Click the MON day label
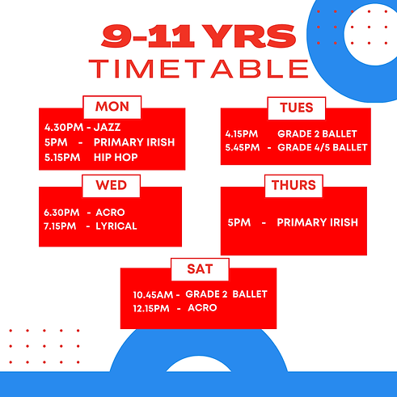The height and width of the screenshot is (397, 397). [112, 107]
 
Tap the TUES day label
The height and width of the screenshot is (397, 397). [296, 108]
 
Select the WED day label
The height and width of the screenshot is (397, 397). [111, 185]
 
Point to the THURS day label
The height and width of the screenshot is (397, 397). [294, 186]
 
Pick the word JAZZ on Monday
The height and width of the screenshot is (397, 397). [108, 127]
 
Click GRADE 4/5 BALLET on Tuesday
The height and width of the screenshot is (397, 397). [322, 147]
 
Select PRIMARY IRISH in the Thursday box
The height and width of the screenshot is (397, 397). [317, 222]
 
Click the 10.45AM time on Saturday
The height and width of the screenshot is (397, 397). [156, 294]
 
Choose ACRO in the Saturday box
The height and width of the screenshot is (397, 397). [202, 308]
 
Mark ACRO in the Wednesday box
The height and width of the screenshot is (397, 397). [109, 212]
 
